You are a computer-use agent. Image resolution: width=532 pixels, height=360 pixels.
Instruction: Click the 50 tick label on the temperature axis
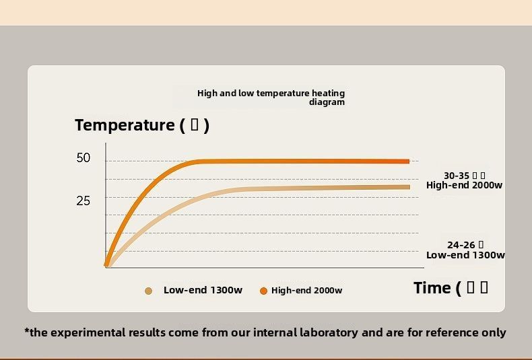84,158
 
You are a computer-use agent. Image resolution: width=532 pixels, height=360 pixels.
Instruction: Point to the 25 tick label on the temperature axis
84,201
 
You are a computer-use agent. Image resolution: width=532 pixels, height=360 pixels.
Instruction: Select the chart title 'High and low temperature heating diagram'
271,98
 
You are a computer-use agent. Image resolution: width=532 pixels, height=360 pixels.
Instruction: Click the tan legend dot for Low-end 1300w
149,291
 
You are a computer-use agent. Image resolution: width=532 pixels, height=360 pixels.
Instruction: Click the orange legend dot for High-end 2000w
263,291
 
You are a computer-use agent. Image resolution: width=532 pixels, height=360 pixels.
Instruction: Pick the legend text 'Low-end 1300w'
203,290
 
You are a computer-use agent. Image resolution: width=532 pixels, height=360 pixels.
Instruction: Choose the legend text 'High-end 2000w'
306,291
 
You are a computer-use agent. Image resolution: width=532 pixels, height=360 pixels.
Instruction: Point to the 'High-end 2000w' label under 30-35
464,185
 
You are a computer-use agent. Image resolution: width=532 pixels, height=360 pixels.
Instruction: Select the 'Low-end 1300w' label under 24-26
465,255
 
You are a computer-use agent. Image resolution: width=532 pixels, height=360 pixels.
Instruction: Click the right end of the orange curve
407,161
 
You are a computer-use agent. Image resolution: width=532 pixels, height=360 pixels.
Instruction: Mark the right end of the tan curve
407,187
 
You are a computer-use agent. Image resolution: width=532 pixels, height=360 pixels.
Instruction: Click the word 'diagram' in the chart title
327,102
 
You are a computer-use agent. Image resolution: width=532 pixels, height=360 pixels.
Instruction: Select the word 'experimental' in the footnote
88,332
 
